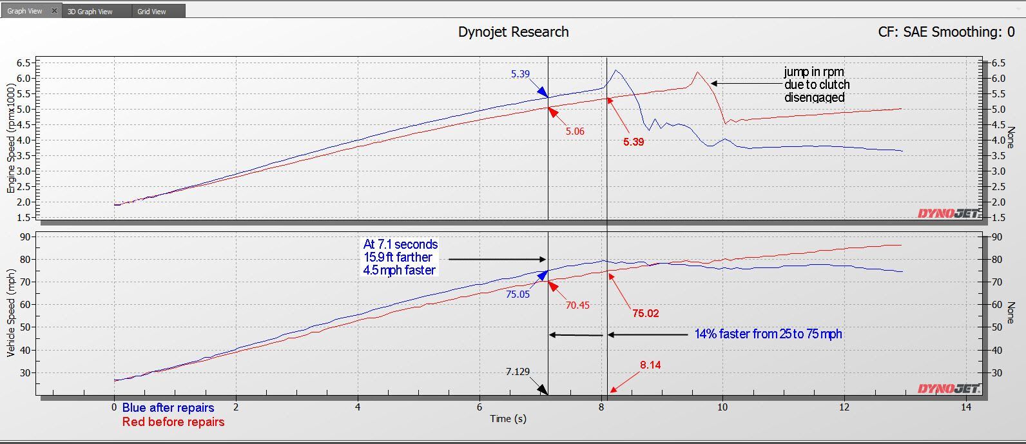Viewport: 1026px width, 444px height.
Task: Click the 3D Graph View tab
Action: tap(90, 12)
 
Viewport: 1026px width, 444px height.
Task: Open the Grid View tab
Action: tap(151, 12)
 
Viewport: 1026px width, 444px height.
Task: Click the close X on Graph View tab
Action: tap(54, 11)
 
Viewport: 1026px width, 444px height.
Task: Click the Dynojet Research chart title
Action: tap(513, 32)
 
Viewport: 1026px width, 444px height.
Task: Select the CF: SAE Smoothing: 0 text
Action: tap(945, 32)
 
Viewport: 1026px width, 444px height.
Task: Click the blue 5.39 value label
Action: tap(520, 74)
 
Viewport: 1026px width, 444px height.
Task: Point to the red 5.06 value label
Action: tap(575, 131)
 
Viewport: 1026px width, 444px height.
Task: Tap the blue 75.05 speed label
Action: tap(518, 294)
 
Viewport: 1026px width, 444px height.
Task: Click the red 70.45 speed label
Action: tap(577, 305)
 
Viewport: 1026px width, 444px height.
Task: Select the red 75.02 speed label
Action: tap(645, 314)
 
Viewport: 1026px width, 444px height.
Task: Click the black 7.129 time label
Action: tap(518, 372)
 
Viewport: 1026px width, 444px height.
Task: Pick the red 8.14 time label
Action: tap(650, 365)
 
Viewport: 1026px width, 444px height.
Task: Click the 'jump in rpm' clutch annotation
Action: tap(817, 84)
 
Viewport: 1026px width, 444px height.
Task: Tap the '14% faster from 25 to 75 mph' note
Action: tap(768, 334)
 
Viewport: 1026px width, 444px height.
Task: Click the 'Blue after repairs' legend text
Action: tap(168, 407)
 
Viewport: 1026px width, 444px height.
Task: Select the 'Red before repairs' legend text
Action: tap(173, 422)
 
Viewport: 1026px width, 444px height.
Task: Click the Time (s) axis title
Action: tap(508, 419)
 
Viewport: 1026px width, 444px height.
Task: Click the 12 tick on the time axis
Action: tap(844, 407)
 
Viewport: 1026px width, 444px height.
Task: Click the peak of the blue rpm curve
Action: tap(615, 70)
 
